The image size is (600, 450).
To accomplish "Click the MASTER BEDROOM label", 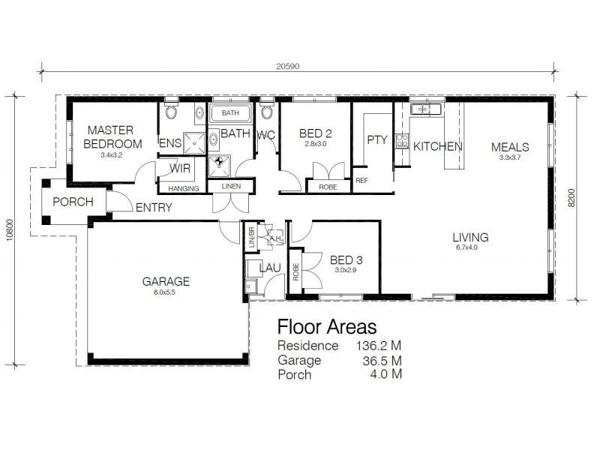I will (112, 136).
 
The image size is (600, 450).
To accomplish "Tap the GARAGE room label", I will (166, 282).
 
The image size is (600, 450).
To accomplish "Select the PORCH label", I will (73, 202).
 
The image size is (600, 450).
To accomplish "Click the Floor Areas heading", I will (326, 327).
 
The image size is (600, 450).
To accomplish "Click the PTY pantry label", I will (376, 139).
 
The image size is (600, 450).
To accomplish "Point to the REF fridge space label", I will (361, 180).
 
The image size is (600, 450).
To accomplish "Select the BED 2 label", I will (315, 134).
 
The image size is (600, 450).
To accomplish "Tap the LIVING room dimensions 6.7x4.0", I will (470, 247).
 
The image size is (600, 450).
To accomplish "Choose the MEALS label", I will (510, 147).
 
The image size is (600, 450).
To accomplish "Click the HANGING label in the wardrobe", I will (184, 188).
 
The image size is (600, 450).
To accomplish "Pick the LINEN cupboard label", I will (229, 187).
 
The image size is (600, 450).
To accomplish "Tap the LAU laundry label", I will (269, 268).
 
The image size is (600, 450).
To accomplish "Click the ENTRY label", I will (154, 208).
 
